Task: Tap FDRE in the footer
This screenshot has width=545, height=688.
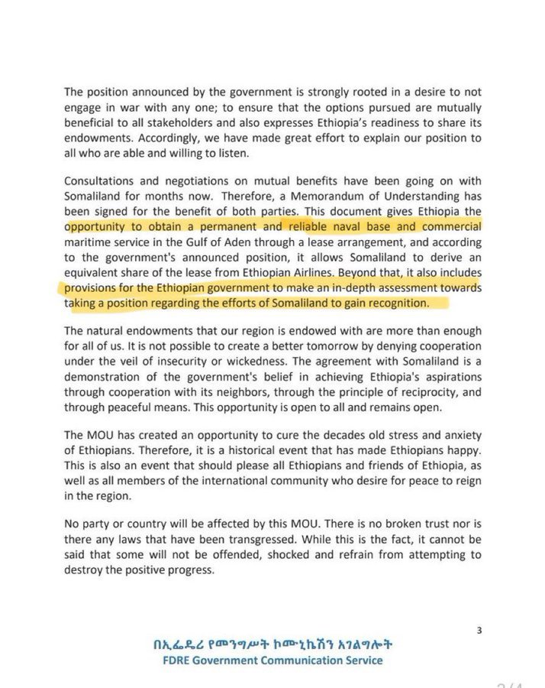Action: pos(168,661)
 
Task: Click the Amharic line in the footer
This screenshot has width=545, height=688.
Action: pos(273,644)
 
